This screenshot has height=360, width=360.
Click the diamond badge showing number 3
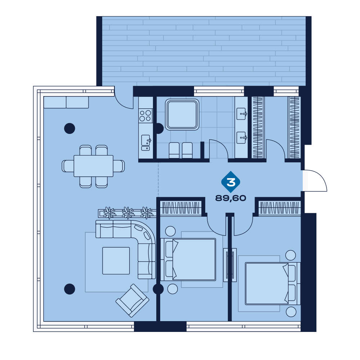(x=231, y=182)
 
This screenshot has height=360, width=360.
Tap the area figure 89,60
(x=230, y=198)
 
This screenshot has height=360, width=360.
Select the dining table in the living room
(x=94, y=166)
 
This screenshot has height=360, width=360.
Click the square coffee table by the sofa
(x=116, y=261)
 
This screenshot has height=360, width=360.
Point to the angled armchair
(x=132, y=301)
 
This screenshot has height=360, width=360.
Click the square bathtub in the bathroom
(x=182, y=114)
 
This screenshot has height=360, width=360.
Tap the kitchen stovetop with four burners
(x=145, y=116)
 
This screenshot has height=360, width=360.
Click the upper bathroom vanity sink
(x=241, y=114)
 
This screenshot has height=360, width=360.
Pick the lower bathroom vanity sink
(x=241, y=138)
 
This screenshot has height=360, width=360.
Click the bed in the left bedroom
(x=188, y=260)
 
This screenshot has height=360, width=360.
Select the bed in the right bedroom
(x=273, y=284)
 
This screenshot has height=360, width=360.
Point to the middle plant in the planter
(x=128, y=213)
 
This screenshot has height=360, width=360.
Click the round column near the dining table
(x=69, y=129)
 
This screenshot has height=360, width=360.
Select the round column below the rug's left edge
(x=69, y=289)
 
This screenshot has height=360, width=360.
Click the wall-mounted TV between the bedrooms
(x=230, y=265)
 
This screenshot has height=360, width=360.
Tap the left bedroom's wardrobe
(x=181, y=208)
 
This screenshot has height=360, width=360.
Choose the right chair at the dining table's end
(x=119, y=166)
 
